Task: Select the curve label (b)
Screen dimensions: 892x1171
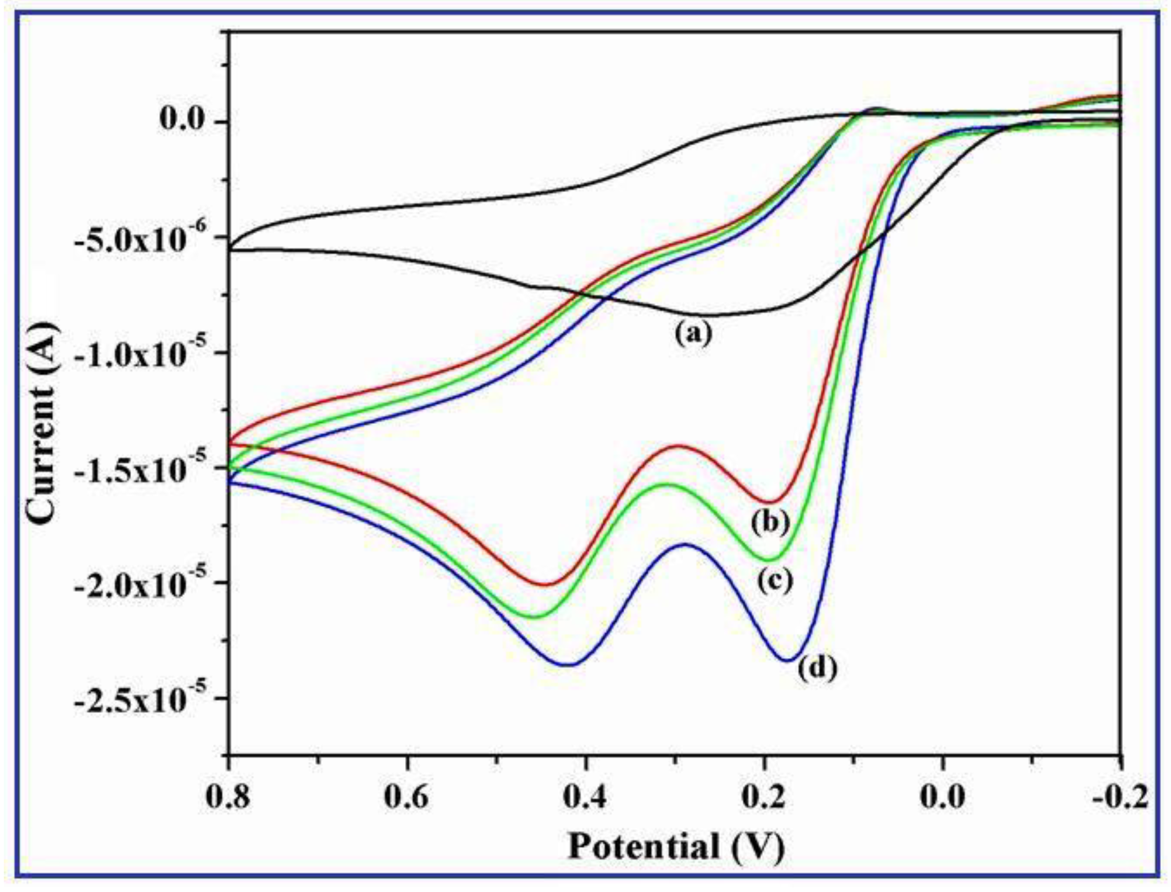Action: click(x=770, y=522)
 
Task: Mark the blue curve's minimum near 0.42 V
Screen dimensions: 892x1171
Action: click(x=568, y=664)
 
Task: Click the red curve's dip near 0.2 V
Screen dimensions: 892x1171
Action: click(x=769, y=501)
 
